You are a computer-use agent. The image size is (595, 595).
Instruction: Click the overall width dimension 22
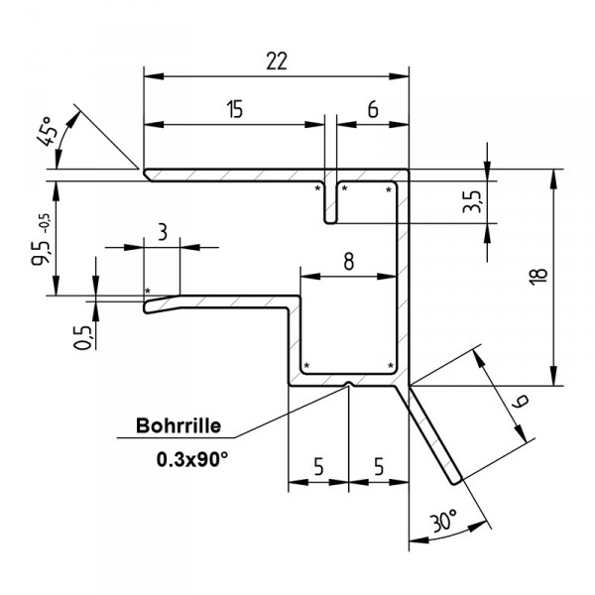[x=277, y=60]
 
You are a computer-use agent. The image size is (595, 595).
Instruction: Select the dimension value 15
[x=234, y=110]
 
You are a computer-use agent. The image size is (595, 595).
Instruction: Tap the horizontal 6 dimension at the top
[x=372, y=110]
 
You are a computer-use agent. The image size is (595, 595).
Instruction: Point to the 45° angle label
[x=51, y=129]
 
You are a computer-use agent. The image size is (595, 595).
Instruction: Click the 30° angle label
[x=445, y=520]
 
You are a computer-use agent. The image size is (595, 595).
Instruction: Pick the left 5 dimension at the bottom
[x=317, y=465]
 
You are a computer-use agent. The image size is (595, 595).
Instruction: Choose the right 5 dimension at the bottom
[x=378, y=465]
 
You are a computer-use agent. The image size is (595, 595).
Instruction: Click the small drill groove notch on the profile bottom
[x=348, y=383]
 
